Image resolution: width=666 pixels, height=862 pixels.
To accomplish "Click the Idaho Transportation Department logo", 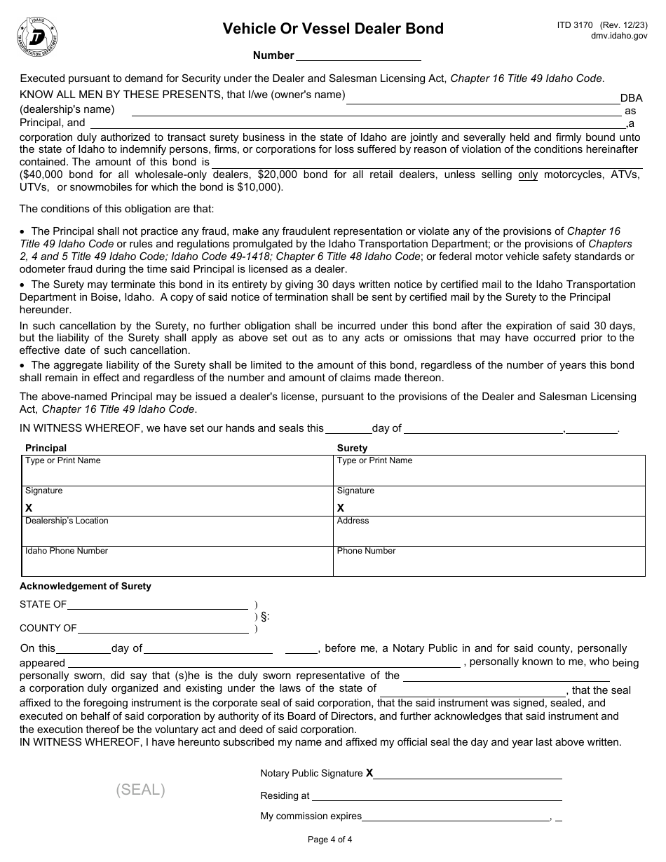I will [x=36, y=36].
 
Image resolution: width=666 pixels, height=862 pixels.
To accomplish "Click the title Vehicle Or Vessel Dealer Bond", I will [x=333, y=29].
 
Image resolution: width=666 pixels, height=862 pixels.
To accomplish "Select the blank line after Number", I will [x=358, y=56].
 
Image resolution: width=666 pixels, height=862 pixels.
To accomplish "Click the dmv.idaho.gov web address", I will [x=619, y=36].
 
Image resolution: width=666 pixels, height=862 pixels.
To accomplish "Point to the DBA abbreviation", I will [x=631, y=99].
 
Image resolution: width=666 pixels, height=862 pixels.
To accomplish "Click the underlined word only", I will [x=528, y=175].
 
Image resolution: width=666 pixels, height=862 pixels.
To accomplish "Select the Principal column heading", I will [x=46, y=448].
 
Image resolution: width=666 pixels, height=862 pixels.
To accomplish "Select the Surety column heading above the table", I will [x=352, y=448].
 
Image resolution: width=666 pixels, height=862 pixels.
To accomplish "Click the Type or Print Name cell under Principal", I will [x=177, y=470].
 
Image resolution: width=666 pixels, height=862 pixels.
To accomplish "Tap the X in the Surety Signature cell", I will [x=341, y=507].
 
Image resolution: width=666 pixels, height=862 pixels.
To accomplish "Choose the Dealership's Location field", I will [x=177, y=531].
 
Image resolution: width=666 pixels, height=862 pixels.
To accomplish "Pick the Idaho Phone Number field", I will [x=177, y=561].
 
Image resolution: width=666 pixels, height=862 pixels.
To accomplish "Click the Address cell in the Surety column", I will [x=489, y=531].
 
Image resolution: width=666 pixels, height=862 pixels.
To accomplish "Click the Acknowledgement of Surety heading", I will [x=86, y=586].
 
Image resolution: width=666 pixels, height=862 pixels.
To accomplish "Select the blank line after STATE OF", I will [x=158, y=604].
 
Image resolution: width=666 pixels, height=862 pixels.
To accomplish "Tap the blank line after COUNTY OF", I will [x=163, y=628].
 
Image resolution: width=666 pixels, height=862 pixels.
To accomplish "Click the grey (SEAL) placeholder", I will [x=141, y=790].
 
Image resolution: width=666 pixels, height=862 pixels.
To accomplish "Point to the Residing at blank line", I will [x=437, y=796].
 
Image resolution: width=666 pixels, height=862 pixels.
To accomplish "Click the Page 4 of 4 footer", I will [x=330, y=840].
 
